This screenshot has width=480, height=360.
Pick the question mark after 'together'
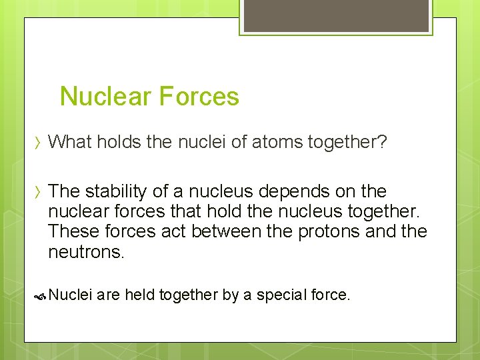381,141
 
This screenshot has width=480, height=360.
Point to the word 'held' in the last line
139,295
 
